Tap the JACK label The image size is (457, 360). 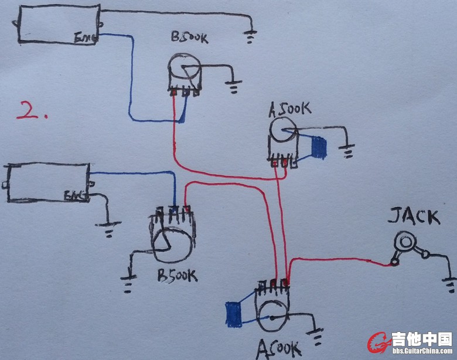coord(414,217)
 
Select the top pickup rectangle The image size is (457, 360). coord(59,25)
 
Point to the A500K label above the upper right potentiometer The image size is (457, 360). coord(289,109)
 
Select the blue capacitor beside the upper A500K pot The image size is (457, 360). coord(319,148)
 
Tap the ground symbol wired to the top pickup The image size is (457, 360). coord(251,37)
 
